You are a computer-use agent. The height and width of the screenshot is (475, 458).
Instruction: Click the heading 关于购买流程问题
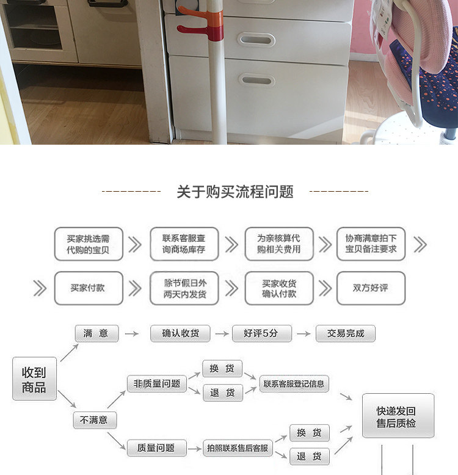[x=235, y=192]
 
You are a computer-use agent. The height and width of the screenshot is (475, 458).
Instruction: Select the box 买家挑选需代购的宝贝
[x=89, y=244]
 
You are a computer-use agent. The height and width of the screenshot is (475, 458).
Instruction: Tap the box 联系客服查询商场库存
[x=184, y=244]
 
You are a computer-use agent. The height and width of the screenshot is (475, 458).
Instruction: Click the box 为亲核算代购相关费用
[x=279, y=244]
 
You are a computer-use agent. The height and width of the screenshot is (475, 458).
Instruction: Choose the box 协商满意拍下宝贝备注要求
[x=371, y=244]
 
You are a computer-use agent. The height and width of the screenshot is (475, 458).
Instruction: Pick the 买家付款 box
[x=89, y=288]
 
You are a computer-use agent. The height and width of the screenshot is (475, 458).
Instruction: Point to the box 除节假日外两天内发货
[x=184, y=288]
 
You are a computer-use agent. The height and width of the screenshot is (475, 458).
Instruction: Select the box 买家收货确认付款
[x=279, y=288]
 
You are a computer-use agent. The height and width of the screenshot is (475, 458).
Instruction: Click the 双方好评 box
[x=371, y=288]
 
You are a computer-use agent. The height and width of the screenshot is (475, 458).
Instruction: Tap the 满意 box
[x=96, y=333]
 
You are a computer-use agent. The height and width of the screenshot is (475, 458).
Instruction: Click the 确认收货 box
[x=181, y=333]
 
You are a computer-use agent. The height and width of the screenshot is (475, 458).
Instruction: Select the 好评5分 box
[x=261, y=333]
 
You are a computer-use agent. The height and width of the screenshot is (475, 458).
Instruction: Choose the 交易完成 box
[x=346, y=333]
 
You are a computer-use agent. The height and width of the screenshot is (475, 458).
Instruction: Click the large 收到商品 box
[x=34, y=379]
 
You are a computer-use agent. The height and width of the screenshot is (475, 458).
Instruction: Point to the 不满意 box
[x=95, y=420]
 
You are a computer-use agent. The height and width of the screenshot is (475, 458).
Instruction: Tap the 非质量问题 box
[x=156, y=383]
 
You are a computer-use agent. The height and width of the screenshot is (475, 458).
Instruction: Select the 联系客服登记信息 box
[x=294, y=384]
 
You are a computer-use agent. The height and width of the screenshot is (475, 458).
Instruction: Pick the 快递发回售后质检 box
[x=398, y=416]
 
